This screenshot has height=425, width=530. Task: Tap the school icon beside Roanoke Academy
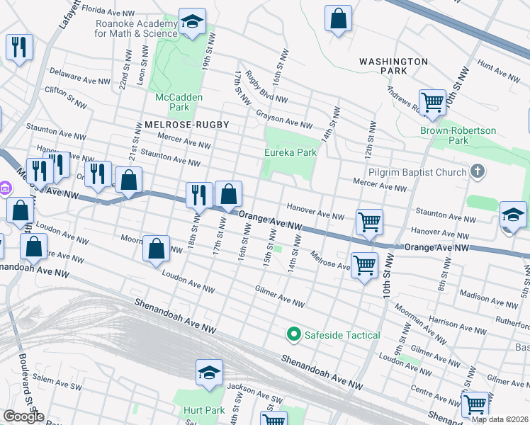coord(191,22)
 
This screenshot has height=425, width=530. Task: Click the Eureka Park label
coord(291,152)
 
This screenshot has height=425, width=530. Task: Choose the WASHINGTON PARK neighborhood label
coord(393,67)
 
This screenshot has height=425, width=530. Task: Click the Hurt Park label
coord(204,411)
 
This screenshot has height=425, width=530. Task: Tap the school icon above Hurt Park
coord(210,373)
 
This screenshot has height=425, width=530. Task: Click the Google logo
coord(23,416)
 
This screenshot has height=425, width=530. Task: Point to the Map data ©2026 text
coord(500,419)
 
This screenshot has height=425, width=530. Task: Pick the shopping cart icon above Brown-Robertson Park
coord(432,102)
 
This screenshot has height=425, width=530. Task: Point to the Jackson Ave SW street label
coord(251,388)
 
